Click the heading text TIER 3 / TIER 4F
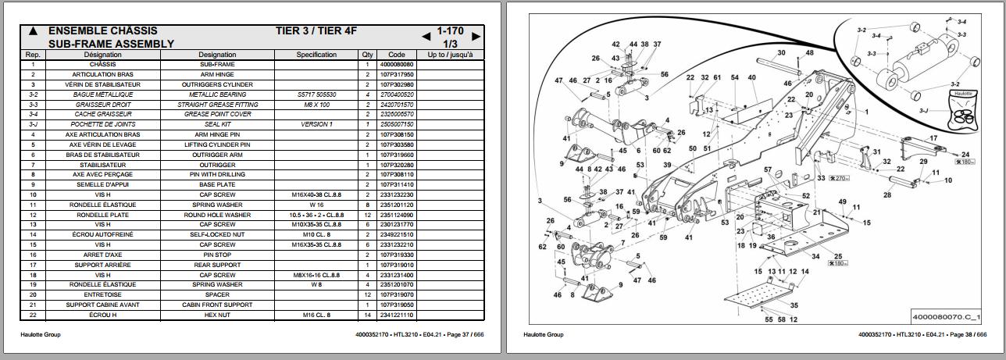[x=316, y=31]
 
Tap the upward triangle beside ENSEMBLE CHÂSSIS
[x=33, y=32]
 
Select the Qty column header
[x=367, y=55]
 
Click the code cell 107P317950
[x=397, y=75]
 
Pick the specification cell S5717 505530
[x=316, y=94]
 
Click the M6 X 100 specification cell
[x=316, y=105]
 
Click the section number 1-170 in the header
[x=451, y=31]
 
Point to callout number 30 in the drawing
[x=781, y=54]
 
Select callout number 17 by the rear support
[x=933, y=139]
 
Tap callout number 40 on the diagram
[x=751, y=78]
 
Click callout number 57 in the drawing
[x=768, y=170]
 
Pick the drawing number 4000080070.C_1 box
[x=946, y=318]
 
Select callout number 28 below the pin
[x=887, y=195]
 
